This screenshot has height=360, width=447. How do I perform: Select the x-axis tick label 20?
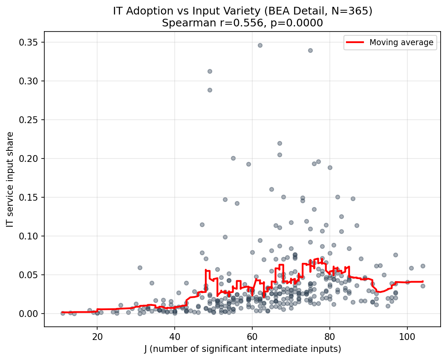point(97,336)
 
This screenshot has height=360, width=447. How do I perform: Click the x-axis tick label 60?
point(252,336)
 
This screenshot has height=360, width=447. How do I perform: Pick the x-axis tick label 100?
point(407,336)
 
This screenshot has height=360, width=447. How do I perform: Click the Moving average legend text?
point(401,42)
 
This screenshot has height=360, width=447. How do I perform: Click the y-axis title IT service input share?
point(10,179)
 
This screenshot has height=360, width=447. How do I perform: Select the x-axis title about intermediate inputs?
point(242,349)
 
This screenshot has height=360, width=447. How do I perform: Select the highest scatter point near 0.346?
point(260,45)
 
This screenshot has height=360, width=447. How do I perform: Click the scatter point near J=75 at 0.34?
point(310,50)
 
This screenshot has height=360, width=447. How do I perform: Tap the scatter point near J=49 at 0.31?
point(210,71)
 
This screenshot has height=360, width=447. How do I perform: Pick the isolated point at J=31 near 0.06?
point(140,268)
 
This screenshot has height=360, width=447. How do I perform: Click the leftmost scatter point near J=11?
point(63,313)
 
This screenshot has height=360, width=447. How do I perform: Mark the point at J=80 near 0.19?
point(330,167)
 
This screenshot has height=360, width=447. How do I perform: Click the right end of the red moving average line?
point(423,281)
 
